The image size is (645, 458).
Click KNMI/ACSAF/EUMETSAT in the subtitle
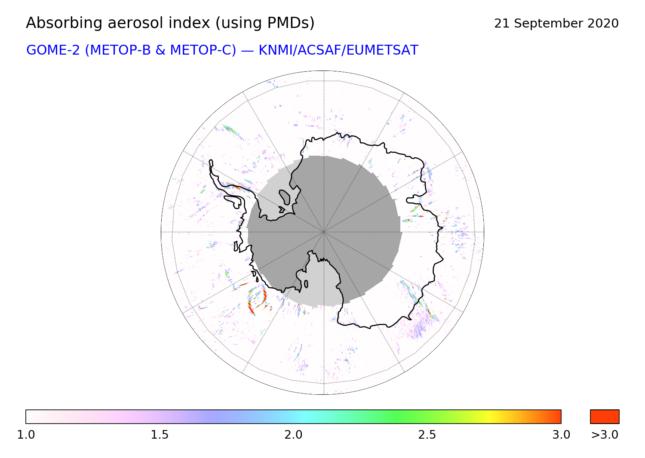338,50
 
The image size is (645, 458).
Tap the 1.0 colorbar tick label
26,435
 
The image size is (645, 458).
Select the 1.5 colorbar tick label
160,435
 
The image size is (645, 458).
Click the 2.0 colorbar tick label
293,435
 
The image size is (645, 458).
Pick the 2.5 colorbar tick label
427,435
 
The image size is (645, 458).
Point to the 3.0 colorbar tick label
561,435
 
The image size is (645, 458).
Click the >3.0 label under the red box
605,435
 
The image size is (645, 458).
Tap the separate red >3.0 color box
605,417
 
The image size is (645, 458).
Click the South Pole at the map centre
324,232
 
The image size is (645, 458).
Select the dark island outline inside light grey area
285,197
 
